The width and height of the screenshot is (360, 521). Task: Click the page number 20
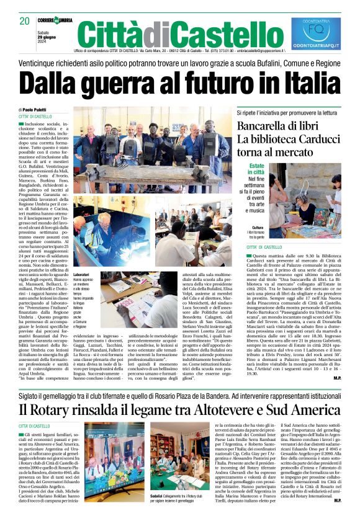[24, 20]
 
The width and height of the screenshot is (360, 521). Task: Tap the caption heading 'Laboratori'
[81, 274]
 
